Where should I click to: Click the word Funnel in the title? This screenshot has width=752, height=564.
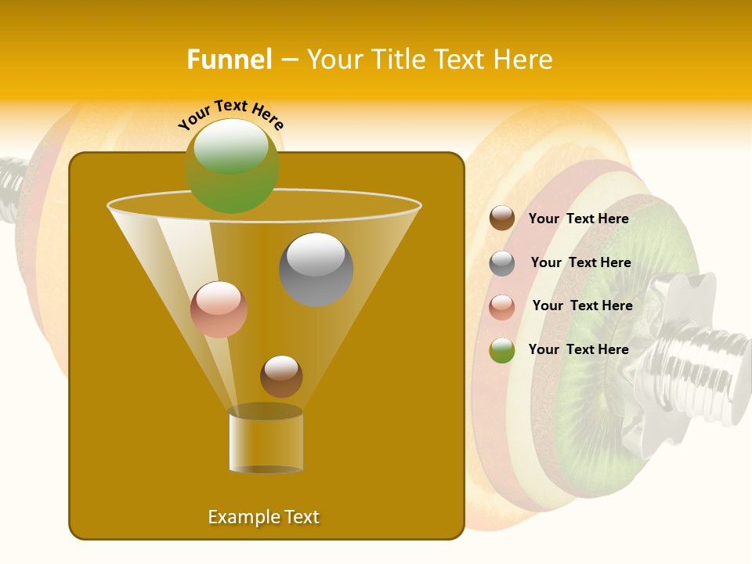pos(230,60)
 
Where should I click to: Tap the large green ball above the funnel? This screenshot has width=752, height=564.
pos(232,165)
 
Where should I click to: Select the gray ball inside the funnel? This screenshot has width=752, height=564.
pos(316,269)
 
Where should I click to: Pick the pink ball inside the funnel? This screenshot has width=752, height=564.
pos(219,309)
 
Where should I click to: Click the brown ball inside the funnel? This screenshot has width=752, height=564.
pos(281,376)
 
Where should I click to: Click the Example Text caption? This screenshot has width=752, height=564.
pos(264,517)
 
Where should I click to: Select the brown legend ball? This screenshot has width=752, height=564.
pos(502,219)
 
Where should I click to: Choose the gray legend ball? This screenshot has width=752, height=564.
pos(502,263)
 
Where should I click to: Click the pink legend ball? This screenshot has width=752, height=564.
pos(502,306)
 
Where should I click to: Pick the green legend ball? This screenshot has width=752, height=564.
pos(502,350)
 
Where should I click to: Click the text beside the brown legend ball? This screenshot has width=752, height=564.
pos(578,219)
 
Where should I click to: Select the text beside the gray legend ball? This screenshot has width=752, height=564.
pos(580,262)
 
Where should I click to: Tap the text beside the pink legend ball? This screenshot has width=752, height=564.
pos(582,305)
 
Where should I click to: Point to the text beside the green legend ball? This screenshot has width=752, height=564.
pos(578,349)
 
